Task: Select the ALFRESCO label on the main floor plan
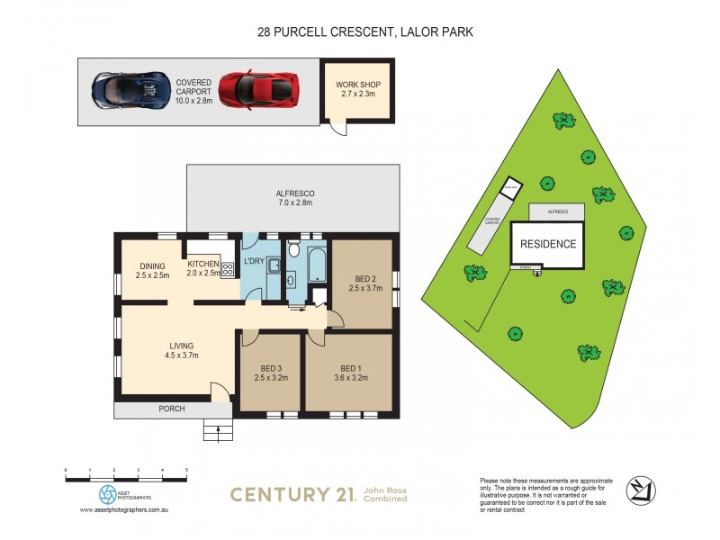(294, 194)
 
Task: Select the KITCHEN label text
(202, 263)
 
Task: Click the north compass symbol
(638, 489)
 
